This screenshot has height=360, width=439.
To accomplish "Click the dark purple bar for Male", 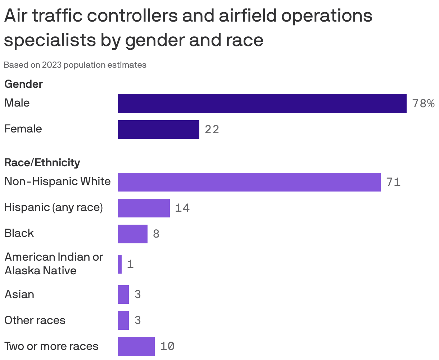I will click(x=262, y=104).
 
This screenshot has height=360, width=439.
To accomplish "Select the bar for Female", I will click(x=158, y=130).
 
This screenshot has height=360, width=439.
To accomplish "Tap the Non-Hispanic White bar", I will click(x=249, y=182).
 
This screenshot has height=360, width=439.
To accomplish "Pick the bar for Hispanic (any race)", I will click(x=144, y=208).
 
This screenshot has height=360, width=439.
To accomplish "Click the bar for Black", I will click(x=132, y=234).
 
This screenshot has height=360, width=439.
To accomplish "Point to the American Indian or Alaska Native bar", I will click(x=120, y=264).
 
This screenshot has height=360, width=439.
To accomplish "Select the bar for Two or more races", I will click(x=136, y=346).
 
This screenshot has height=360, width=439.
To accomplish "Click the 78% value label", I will click(x=423, y=104).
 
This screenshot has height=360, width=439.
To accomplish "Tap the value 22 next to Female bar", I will click(x=212, y=130).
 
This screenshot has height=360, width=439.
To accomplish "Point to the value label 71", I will click(x=393, y=182).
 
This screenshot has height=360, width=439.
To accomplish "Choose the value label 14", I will click(x=182, y=208).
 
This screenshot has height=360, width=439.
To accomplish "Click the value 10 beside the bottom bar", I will click(x=167, y=346).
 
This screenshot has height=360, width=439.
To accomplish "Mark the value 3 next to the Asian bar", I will click(x=137, y=294).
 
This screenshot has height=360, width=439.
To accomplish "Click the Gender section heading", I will click(x=23, y=84).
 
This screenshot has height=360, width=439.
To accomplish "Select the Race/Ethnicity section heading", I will click(x=42, y=163).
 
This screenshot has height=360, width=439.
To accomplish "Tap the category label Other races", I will click(x=35, y=320).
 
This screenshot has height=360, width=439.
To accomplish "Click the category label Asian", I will click(x=19, y=294).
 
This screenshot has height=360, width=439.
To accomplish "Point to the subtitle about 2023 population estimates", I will click(x=75, y=65).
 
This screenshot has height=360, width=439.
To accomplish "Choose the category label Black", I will click(x=19, y=233).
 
